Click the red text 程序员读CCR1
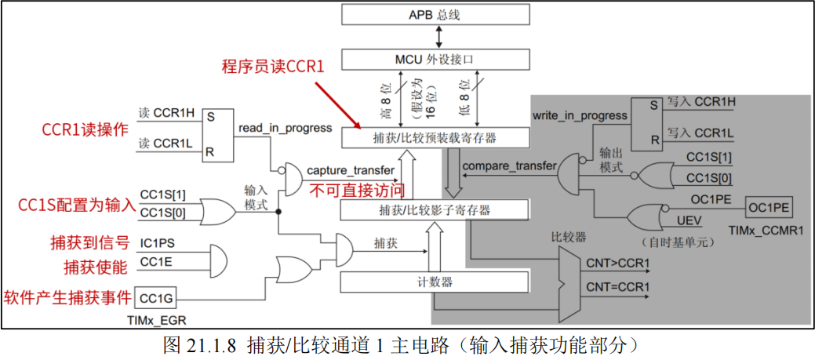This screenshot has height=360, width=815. pyautogui.click(x=272, y=67)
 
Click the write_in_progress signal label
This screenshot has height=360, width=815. pyautogui.click(x=580, y=115)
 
